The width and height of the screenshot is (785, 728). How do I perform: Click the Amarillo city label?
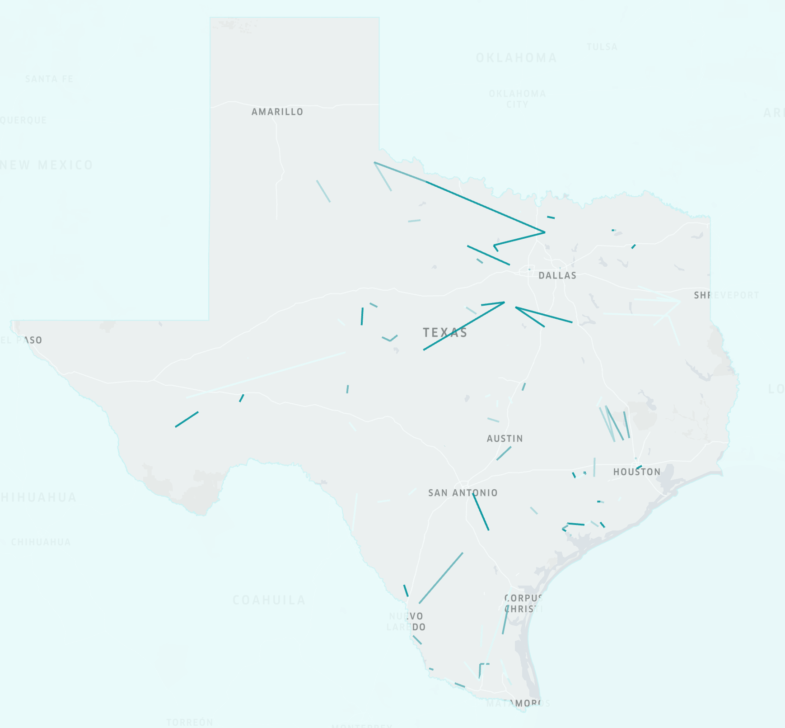click(x=277, y=112)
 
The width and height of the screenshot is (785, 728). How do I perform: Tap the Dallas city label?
click(x=557, y=275)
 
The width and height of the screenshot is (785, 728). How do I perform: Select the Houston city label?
click(x=637, y=472)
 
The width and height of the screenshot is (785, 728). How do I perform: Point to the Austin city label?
click(x=505, y=439)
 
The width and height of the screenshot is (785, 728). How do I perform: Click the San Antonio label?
click(x=463, y=493)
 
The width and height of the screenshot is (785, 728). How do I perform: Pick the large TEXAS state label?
click(x=445, y=333)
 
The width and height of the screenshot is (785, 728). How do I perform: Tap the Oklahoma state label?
click(x=516, y=58)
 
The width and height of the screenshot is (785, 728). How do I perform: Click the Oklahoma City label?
click(x=517, y=99)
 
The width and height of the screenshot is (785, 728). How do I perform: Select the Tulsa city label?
click(x=602, y=47)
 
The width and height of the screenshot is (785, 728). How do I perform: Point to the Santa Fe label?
click(x=49, y=79)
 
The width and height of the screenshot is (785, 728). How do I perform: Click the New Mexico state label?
click(x=47, y=165)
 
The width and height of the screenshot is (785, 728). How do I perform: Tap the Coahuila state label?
click(x=269, y=600)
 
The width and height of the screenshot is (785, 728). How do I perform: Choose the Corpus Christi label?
click(x=523, y=604)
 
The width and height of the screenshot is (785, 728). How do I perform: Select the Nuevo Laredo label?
click(x=406, y=622)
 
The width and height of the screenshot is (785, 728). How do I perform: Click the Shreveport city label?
click(x=726, y=295)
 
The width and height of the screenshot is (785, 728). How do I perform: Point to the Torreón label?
click(x=190, y=722)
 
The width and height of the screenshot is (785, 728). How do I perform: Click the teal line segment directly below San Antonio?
click(x=481, y=511)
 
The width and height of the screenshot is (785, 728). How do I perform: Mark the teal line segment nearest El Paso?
click(x=187, y=419)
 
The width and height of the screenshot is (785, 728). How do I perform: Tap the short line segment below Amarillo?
click(x=323, y=191)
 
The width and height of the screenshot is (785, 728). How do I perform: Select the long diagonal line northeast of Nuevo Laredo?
click(x=441, y=578)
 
